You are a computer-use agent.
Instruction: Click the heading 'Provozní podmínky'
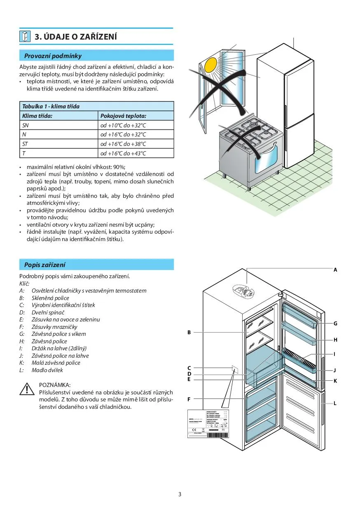[53, 56]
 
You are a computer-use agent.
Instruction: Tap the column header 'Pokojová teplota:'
[123, 116]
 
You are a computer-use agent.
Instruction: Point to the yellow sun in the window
[210, 65]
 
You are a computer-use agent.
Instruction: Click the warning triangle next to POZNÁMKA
[27, 389]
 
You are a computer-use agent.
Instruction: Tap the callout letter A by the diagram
[335, 270]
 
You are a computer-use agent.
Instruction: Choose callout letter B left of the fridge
[189, 332]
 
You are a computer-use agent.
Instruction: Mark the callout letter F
[189, 399]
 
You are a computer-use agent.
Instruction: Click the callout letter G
[335, 324]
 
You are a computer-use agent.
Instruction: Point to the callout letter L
[335, 403]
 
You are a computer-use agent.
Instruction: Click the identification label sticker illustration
[208, 424]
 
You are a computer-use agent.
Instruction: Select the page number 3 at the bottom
[180, 495]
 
